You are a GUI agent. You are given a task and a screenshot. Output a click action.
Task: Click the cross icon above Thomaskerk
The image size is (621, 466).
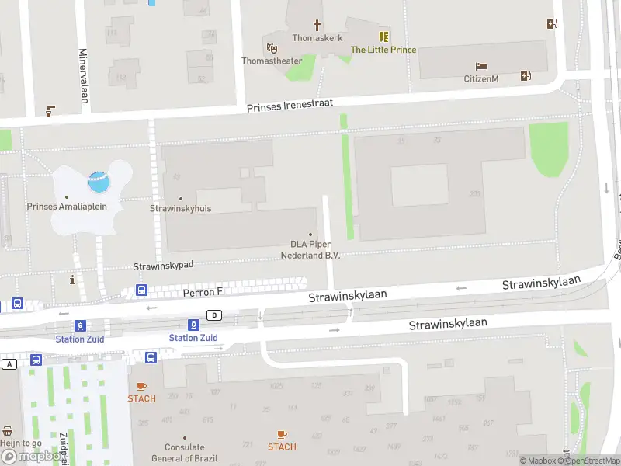coord(317,25)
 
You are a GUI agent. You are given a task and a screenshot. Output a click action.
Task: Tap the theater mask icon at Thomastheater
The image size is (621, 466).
coord(272,47)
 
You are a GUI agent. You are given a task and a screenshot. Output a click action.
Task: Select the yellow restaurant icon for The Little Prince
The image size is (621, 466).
coord(383,37)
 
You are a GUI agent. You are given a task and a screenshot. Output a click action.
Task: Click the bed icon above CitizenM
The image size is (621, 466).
coord(481,67)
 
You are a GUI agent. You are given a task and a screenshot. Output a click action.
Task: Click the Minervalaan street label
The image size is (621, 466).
coord(83,75)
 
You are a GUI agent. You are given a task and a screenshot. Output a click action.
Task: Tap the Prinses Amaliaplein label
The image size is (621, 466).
coord(67,207)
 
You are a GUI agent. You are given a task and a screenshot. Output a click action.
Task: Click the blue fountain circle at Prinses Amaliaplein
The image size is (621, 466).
coord(99,183)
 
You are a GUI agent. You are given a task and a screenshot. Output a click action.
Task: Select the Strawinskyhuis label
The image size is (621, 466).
coord(180,208)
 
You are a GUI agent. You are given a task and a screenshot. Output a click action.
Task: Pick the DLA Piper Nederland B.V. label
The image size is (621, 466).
coord(310,249)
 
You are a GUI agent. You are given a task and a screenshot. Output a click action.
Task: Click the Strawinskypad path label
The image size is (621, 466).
coord(163,266)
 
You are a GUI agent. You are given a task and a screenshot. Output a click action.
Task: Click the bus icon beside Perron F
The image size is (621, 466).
coord(142,290)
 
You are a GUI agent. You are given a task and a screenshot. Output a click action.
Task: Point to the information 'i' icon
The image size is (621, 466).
coord(72,280)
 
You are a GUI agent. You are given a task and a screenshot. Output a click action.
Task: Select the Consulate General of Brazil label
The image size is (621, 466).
coord(185,452)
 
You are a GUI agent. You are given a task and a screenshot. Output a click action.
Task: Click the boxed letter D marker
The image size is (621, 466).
coord(214,315)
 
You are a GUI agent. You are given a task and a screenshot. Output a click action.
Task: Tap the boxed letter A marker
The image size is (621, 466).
coord(9,363)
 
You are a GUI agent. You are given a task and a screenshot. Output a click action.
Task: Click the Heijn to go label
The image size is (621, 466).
coord(21,443)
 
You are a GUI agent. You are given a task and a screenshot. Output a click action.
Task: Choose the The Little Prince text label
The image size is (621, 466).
coord(383,50)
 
